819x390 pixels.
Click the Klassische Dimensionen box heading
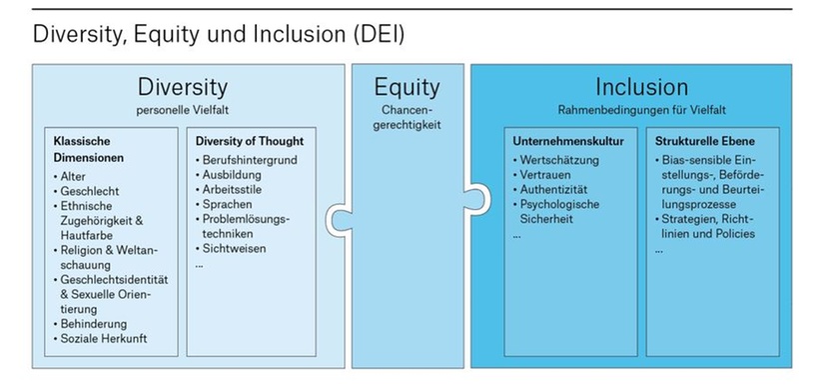coord(89,149)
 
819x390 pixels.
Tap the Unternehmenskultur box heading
coord(568,141)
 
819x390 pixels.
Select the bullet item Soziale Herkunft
coord(104,339)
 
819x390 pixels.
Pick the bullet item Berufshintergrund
coord(250,160)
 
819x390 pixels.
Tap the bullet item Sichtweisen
coord(236,247)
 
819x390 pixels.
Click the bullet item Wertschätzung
coord(560,160)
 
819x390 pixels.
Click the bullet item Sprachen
coord(231,203)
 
